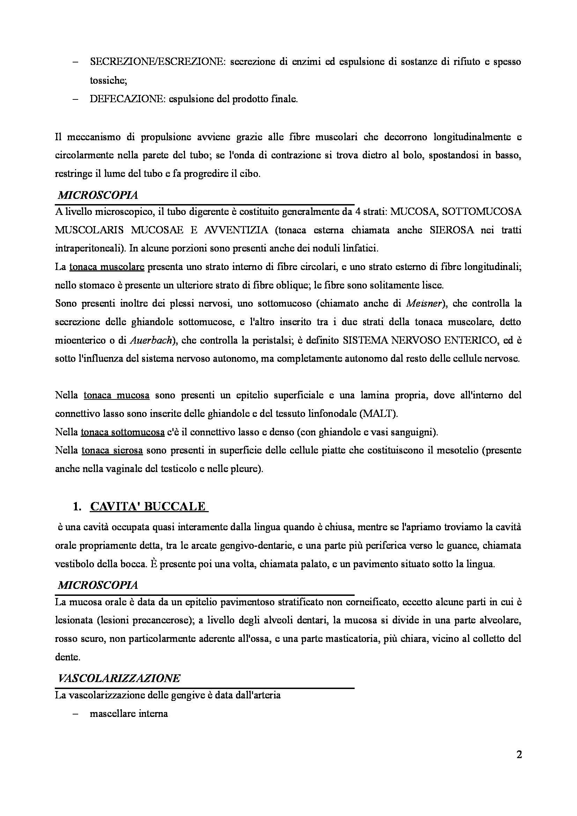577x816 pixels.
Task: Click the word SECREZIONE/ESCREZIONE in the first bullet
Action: [157, 62]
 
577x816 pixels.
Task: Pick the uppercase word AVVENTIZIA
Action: [236, 230]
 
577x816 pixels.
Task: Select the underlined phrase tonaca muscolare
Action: [107, 267]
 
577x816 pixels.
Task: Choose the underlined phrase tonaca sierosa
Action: [112, 451]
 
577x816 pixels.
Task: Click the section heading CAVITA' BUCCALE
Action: [148, 507]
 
